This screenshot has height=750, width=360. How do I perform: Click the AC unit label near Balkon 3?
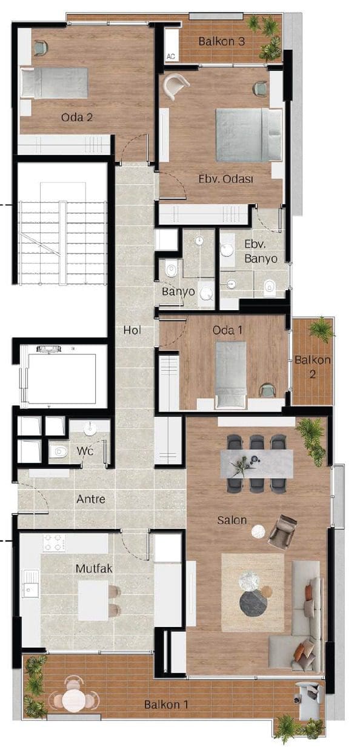pyautogui.click(x=171, y=56)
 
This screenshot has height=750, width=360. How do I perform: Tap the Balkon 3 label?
pyautogui.click(x=222, y=42)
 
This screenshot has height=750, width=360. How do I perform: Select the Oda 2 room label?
pyautogui.click(x=77, y=117)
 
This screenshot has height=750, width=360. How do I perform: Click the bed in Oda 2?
pyautogui.click(x=55, y=83)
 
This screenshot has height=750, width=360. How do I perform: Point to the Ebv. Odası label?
pyautogui.click(x=226, y=179)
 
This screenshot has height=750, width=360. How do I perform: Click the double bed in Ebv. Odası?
pyautogui.click(x=248, y=134)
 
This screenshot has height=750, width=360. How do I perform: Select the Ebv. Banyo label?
pyautogui.click(x=261, y=251)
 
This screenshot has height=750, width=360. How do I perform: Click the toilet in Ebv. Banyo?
pyautogui.click(x=269, y=288)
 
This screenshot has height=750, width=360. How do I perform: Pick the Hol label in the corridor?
pyautogui.click(x=132, y=330)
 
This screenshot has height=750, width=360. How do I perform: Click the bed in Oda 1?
pyautogui.click(x=231, y=375)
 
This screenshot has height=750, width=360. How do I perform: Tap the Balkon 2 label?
pyautogui.click(x=313, y=367)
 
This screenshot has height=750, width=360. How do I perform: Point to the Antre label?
pyautogui.click(x=91, y=499)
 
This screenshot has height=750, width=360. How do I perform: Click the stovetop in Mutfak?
pyautogui.click(x=54, y=543)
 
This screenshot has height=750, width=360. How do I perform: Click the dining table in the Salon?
pyautogui.click(x=257, y=463)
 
